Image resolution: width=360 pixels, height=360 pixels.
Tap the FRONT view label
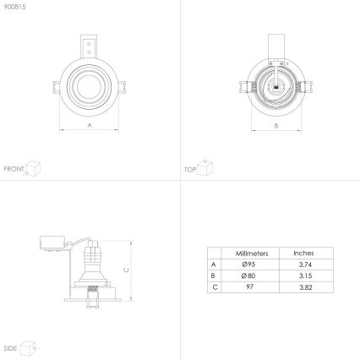pos(14,169)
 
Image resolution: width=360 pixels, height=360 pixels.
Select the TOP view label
pos(190,169)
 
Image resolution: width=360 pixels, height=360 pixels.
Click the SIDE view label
pos(10,347)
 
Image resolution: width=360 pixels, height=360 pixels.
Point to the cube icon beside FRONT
pos(33,167)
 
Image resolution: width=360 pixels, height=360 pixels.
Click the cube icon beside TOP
pos(205,167)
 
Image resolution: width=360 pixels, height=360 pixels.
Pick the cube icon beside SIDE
pos(28,346)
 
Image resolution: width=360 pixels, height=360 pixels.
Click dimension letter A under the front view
pos(90,124)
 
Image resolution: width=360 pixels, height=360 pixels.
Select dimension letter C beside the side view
pos(126,269)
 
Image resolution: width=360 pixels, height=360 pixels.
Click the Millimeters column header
pos(251,253)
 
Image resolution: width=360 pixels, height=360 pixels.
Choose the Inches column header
pos(303,253)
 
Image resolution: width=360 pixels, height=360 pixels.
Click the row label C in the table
pos(213,288)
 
